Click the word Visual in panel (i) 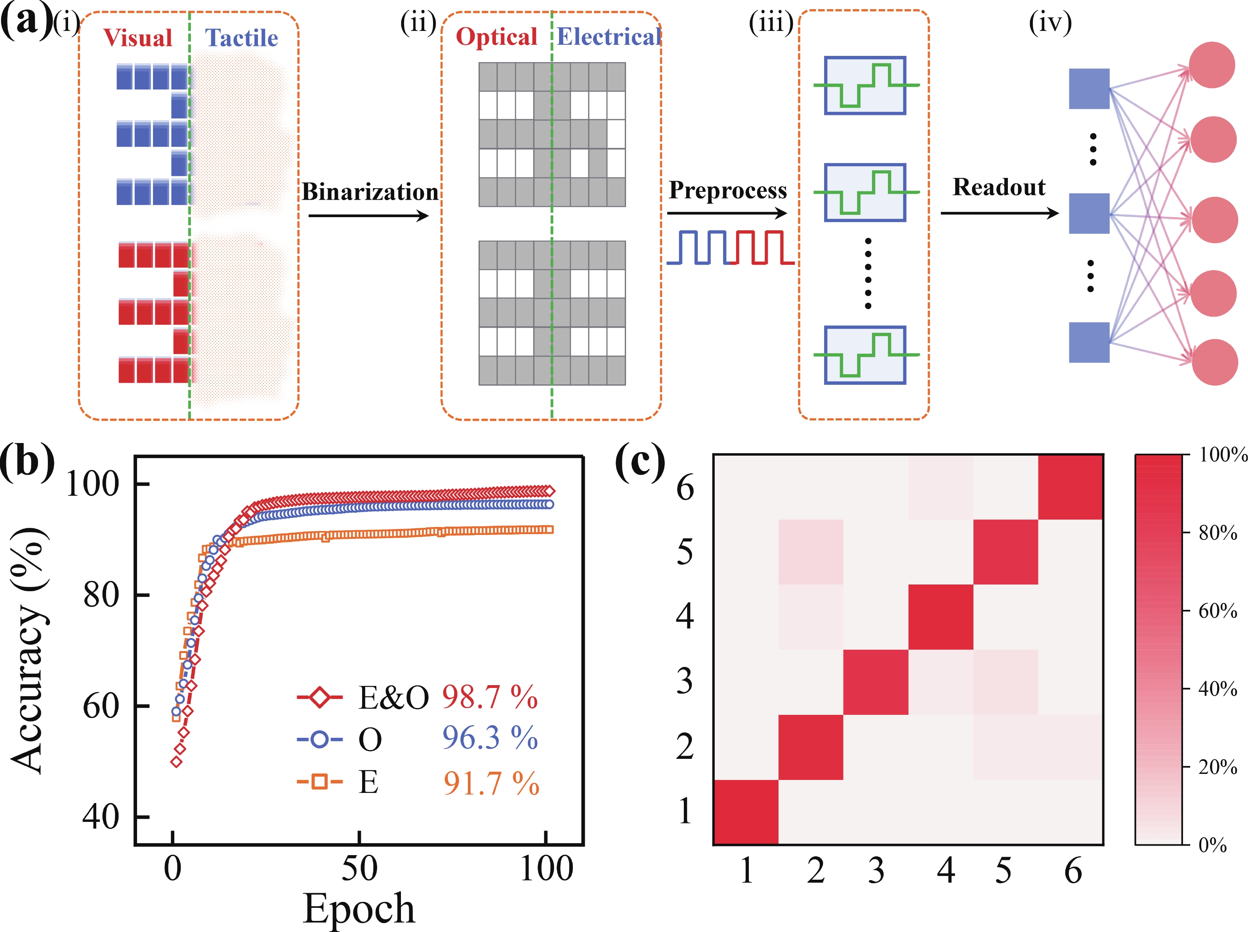click(x=137, y=38)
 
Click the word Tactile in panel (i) click(x=241, y=38)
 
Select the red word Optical click(x=496, y=37)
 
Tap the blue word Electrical click(x=609, y=37)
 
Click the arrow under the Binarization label click(x=368, y=216)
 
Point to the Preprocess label click(x=727, y=190)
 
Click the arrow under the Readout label click(x=999, y=213)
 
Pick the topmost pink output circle click(x=1212, y=65)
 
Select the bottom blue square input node click(x=1089, y=342)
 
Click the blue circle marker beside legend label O click(x=319, y=739)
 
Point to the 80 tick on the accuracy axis click(x=101, y=595)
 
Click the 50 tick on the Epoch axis click(x=359, y=869)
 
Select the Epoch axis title click(x=359, y=908)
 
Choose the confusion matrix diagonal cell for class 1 click(x=746, y=812)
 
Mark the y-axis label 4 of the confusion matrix click(x=685, y=616)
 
